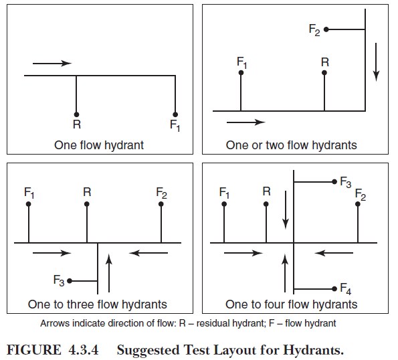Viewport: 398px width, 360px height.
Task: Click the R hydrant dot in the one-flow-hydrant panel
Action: point(76,114)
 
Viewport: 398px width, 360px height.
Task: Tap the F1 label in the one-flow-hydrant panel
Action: point(175,125)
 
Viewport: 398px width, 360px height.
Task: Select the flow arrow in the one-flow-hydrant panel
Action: point(52,63)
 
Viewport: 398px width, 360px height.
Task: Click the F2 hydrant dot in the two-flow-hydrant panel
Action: point(326,29)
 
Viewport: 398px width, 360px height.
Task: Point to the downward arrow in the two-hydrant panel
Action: point(376,62)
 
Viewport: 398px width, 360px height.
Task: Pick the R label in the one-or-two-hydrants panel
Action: point(325,62)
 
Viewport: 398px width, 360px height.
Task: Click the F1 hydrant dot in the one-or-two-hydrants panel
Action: point(241,73)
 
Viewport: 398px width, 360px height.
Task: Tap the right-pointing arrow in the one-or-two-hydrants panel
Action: point(245,122)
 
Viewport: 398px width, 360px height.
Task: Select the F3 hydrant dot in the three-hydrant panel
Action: point(70,281)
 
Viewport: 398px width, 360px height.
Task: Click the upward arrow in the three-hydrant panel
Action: point(109,273)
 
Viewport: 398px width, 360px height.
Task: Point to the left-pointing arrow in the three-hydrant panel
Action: point(148,253)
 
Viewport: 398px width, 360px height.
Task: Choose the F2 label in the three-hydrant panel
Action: point(161,193)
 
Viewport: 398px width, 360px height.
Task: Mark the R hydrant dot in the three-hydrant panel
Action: point(87,204)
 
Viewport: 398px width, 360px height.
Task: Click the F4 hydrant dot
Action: point(334,289)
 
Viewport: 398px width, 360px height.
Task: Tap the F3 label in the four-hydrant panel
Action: point(345,182)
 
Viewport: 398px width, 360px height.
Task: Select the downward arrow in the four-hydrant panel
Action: point(286,210)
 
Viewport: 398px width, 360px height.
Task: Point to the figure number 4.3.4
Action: point(83,350)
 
